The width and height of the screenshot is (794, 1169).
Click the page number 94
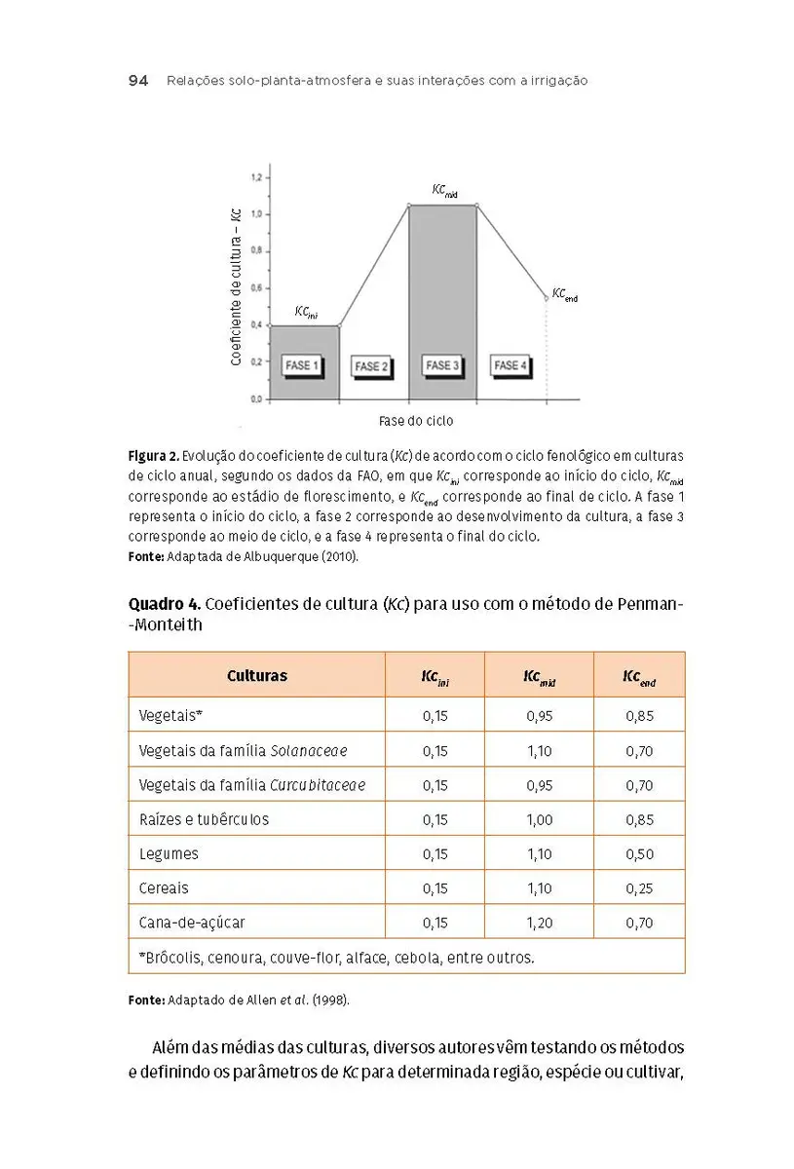click(x=137, y=82)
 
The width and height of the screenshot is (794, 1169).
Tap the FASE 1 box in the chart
click(x=302, y=365)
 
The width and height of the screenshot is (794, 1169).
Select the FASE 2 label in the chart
click(x=372, y=366)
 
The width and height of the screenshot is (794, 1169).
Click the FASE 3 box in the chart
click(x=442, y=365)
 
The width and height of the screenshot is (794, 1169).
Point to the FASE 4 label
click(x=511, y=365)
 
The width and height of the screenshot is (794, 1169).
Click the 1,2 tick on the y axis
click(x=256, y=177)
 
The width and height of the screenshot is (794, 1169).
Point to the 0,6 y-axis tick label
click(x=256, y=287)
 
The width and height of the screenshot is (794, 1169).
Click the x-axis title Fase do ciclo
click(x=416, y=422)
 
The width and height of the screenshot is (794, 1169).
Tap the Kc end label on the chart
click(x=564, y=294)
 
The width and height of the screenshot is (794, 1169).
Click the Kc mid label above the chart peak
click(x=444, y=191)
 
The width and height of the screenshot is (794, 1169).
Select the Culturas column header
click(x=257, y=675)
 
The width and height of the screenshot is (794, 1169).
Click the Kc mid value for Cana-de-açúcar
click(x=539, y=923)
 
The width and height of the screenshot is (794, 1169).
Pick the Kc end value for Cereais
click(x=639, y=888)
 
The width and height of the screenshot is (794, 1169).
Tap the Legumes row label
click(x=169, y=854)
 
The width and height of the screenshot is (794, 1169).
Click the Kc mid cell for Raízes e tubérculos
click(x=539, y=820)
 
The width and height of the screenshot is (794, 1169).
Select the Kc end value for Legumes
click(x=639, y=854)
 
